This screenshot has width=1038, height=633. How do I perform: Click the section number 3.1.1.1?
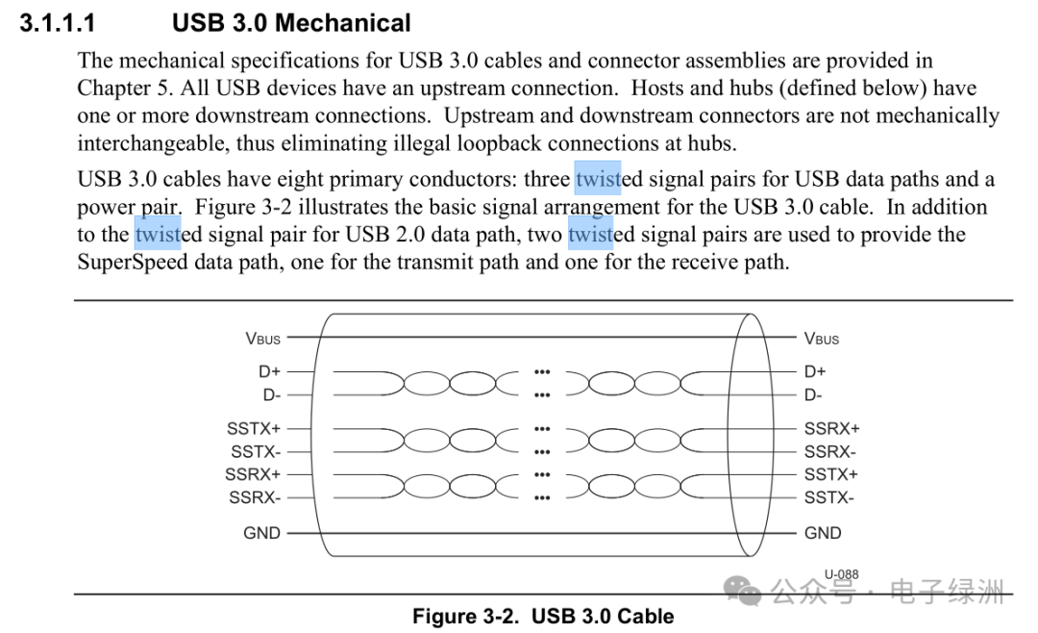tap(58, 22)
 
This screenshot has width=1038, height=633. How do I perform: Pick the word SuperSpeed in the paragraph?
tap(133, 262)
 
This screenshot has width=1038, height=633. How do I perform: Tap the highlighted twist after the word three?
tap(599, 179)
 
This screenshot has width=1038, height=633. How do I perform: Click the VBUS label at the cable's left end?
tap(262, 339)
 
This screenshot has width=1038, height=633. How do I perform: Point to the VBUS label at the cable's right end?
tap(822, 339)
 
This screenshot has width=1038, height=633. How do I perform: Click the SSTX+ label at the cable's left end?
tap(254, 429)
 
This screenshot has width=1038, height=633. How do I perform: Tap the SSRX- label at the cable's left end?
tap(256, 497)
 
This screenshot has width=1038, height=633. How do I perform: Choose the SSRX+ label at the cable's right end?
tap(831, 429)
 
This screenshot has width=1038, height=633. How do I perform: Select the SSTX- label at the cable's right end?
tap(828, 497)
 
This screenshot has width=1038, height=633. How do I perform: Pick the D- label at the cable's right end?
tap(813, 394)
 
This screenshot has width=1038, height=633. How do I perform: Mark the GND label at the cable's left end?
tap(261, 533)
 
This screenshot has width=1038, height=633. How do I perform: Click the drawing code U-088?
tap(841, 574)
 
